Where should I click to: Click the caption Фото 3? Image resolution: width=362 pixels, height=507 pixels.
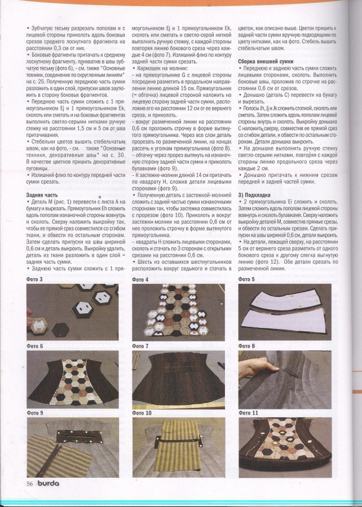pyautogui.click(x=34, y=279)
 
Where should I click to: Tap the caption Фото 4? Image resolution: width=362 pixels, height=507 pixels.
pyautogui.click(x=140, y=279)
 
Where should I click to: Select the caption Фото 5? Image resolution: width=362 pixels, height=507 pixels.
pyautogui.click(x=246, y=279)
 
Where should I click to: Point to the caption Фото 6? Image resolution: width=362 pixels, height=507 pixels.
pyautogui.click(x=34, y=345)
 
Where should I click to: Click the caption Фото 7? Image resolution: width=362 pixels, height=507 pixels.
pyautogui.click(x=140, y=345)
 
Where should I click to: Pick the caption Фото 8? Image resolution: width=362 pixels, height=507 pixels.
pyautogui.click(x=246, y=345)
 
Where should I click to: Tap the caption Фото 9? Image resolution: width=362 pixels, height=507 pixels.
pyautogui.click(x=34, y=413)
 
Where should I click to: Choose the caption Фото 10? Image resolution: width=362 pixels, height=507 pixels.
pyautogui.click(x=142, y=413)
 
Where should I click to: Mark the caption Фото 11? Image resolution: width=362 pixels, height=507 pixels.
pyautogui.click(x=248, y=413)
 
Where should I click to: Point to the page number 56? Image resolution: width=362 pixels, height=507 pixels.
pyautogui.click(x=29, y=483)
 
